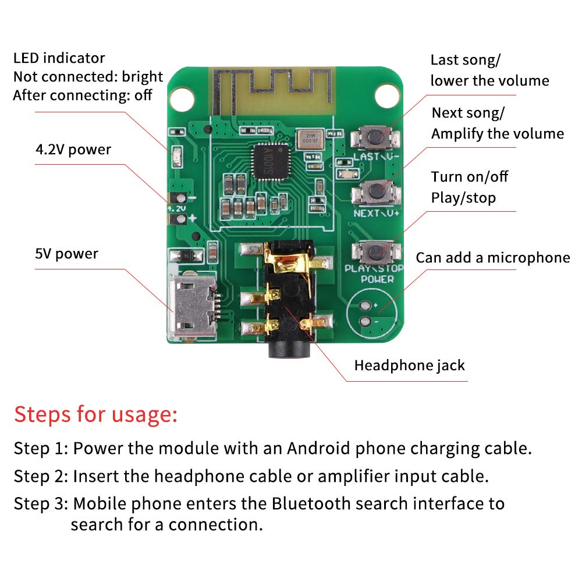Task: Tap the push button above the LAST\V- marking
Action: [376, 138]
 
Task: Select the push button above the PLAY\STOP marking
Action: [376, 251]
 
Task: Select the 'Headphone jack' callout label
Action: [409, 365]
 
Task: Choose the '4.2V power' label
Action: [73, 150]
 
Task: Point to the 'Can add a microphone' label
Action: [492, 257]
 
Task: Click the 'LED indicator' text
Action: [59, 58]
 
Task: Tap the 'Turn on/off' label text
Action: [470, 177]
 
